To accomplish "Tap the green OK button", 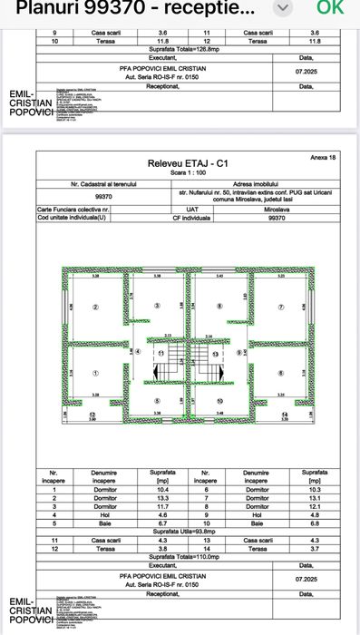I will [330, 9].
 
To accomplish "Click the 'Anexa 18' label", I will [323, 157].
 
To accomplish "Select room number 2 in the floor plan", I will [94, 307].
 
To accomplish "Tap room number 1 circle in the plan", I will [94, 373].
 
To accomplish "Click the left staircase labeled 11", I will [161, 352].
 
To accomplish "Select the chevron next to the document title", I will [285, 9].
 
